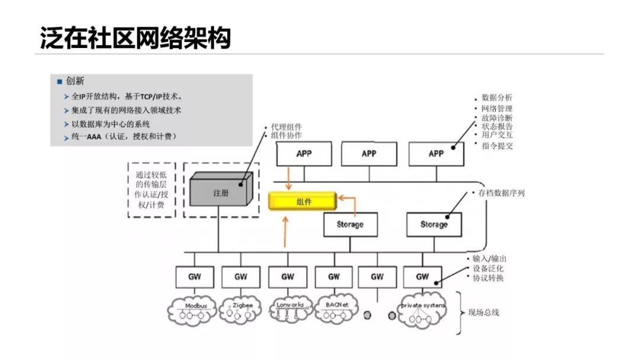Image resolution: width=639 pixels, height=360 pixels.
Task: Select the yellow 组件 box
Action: pyautogui.click(x=302, y=201)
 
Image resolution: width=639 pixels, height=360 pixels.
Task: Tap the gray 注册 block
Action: pyautogui.click(x=220, y=193)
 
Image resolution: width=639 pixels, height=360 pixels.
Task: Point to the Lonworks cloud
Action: pyautogui.click(x=290, y=310)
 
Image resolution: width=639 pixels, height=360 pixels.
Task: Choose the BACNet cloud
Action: pyautogui.click(x=336, y=310)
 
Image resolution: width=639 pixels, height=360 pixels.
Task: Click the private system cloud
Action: pyautogui.click(x=422, y=310)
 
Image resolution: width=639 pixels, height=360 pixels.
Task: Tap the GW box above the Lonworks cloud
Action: pyautogui.click(x=288, y=277)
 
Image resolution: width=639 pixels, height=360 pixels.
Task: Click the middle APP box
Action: pyautogui.click(x=369, y=154)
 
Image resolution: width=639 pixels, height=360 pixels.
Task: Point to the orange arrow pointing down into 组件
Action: pyautogui.click(x=288, y=178)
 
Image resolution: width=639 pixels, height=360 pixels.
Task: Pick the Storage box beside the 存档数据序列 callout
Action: pyautogui.click(x=434, y=224)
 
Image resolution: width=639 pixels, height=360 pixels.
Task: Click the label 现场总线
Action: pyautogui.click(x=483, y=312)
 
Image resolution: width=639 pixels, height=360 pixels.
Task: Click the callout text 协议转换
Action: pyautogui.click(x=488, y=278)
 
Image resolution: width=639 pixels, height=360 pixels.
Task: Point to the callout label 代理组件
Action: pyautogui.click(x=286, y=127)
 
